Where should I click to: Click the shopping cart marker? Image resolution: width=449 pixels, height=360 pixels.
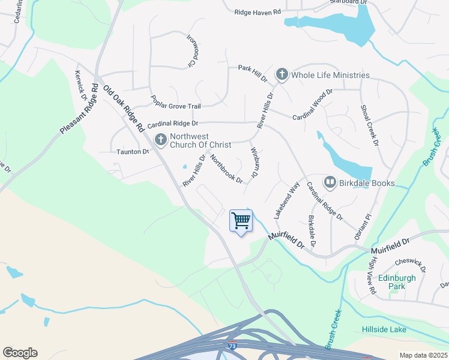(241, 221)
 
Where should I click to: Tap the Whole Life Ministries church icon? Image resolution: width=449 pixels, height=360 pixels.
(282, 75)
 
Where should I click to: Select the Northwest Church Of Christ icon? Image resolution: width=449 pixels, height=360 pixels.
(160, 140)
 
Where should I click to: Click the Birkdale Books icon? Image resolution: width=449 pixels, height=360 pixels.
(330, 182)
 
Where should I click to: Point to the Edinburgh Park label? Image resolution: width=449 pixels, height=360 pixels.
(396, 282)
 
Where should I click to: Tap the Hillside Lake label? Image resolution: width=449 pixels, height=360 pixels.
(384, 329)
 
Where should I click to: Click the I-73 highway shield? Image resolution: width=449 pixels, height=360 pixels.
(232, 346)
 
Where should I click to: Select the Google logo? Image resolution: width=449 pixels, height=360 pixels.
(20, 353)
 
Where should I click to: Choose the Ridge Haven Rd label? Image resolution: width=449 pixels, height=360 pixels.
(258, 12)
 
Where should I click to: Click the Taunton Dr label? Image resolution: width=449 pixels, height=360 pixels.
(133, 152)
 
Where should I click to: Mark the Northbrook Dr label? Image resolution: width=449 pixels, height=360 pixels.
(226, 169)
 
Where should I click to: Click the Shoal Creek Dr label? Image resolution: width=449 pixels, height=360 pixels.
(369, 125)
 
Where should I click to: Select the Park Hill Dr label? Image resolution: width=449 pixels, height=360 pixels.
(252, 74)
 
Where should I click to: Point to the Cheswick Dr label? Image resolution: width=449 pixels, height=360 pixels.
(411, 265)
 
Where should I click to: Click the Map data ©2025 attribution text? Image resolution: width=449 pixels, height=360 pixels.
(423, 355)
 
